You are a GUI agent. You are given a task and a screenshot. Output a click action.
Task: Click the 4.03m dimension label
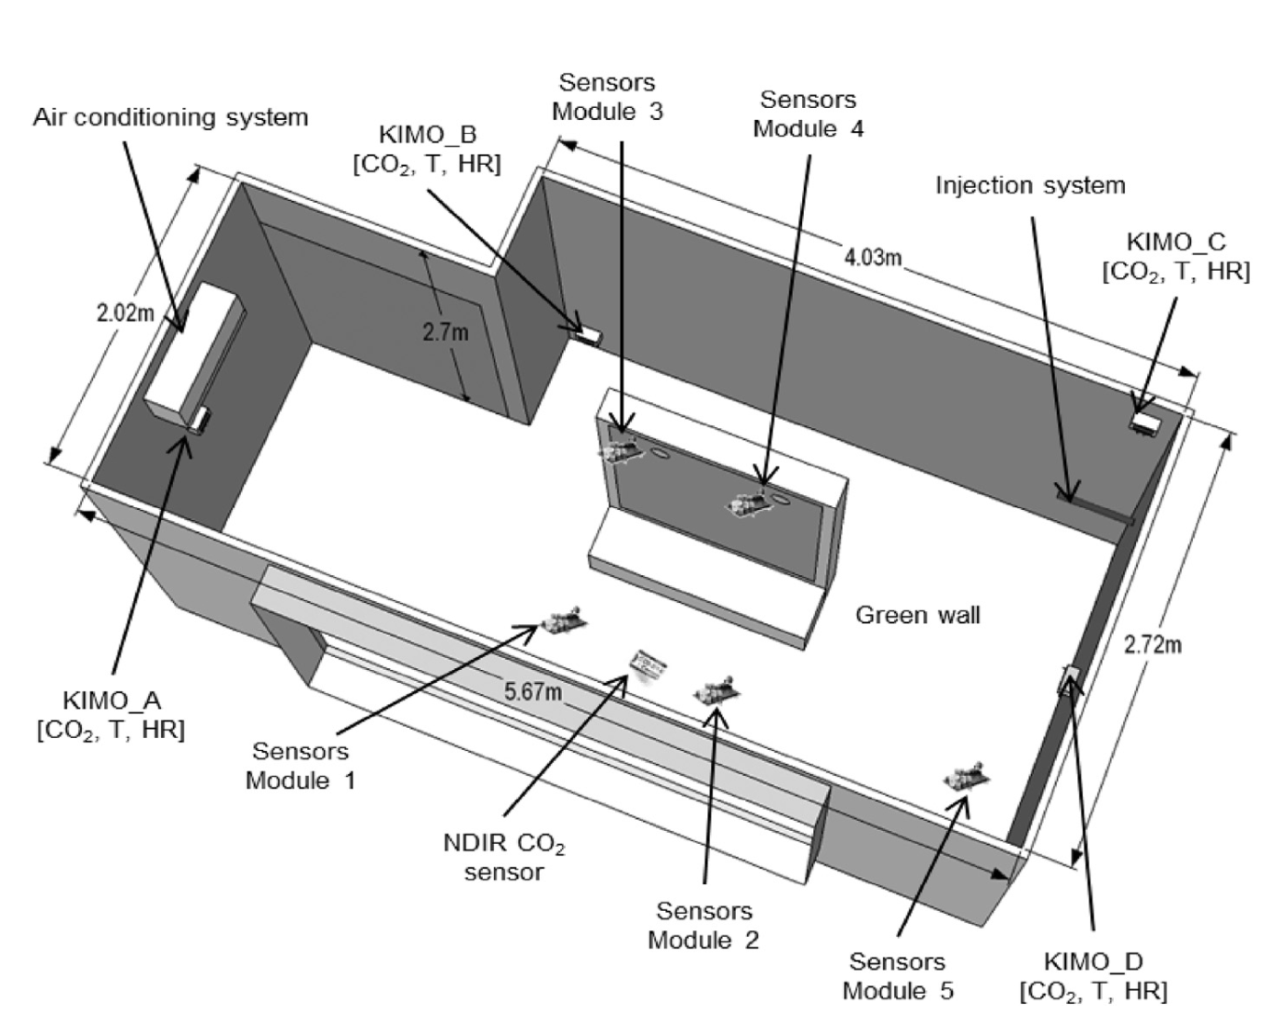click(872, 257)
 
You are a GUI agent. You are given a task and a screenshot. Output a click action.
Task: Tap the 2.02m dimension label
click(126, 313)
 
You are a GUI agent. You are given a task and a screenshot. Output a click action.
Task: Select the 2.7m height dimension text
click(446, 331)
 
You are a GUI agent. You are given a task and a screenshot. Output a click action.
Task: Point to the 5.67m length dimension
click(533, 691)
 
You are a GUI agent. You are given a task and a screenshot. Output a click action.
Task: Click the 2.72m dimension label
click(1152, 644)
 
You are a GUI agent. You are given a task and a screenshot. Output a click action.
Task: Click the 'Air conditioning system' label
click(170, 118)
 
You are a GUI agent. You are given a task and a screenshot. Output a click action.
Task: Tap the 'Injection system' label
click(1030, 185)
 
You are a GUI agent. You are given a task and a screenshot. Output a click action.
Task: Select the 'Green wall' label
click(917, 615)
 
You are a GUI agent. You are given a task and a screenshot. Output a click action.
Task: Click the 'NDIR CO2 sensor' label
click(503, 858)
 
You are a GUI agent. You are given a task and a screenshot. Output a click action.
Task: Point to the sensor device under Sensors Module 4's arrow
click(752, 504)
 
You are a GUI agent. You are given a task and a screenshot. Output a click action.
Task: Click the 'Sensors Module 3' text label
click(608, 97)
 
